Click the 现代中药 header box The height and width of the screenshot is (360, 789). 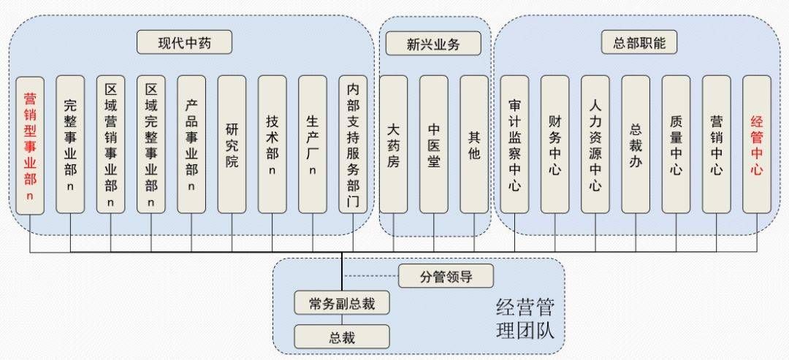pos(184,42)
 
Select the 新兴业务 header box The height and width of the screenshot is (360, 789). pos(433,43)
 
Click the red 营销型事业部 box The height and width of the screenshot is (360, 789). pos(30,145)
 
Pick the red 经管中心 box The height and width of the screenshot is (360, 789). pos(756,145)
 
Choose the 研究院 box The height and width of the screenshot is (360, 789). pos(232,145)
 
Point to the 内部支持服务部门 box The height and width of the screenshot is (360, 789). pos(353,145)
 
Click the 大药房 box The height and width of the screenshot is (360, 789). pos(394,145)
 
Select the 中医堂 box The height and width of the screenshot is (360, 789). pos(434,145)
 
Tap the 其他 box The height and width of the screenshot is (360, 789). pos(474,145)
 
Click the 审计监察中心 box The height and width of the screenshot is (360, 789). pos(514,145)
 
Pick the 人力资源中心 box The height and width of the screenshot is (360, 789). pos(595,145)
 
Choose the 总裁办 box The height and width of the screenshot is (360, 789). pos(636,145)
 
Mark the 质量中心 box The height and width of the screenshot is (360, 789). pos(676,145)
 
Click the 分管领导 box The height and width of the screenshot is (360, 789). pos(446,276)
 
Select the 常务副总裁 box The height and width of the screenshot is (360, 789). pos(342,303)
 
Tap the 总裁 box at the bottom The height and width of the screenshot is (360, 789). pos(342,337)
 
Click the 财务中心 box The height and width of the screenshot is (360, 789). pos(554,145)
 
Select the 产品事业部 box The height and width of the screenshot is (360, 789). pos(191,145)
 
